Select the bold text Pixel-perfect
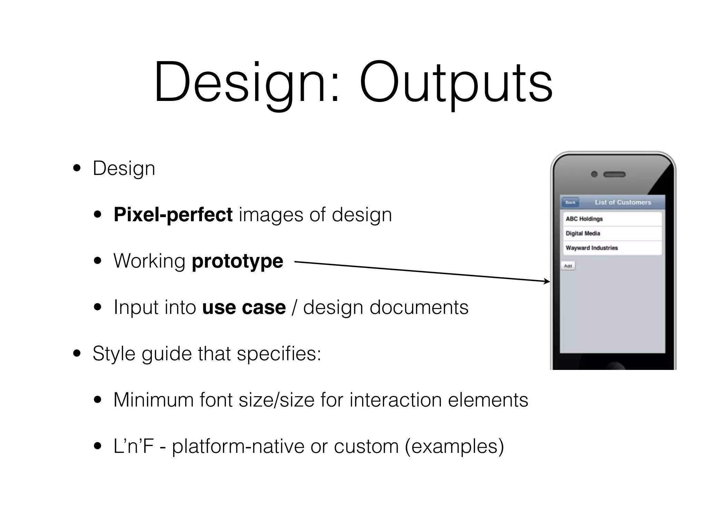click(173, 215)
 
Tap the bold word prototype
click(238, 261)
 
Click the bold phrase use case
click(244, 307)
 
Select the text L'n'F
click(133, 446)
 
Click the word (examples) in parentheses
click(454, 446)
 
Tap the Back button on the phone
click(570, 202)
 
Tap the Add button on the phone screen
click(568, 266)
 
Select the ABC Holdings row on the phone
click(612, 219)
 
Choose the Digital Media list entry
click(612, 233)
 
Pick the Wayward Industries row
click(612, 248)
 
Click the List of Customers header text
click(623, 202)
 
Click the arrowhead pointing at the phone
click(547, 281)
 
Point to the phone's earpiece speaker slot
click(614, 174)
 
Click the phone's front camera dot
click(594, 174)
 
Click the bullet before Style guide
click(77, 354)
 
